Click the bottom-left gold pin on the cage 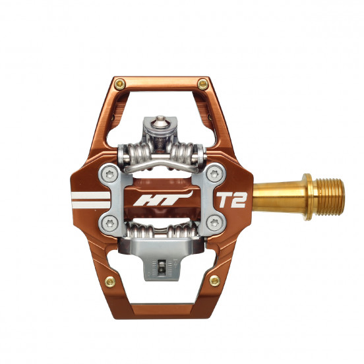click(x=109, y=282)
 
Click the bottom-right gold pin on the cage click(x=214, y=280)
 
